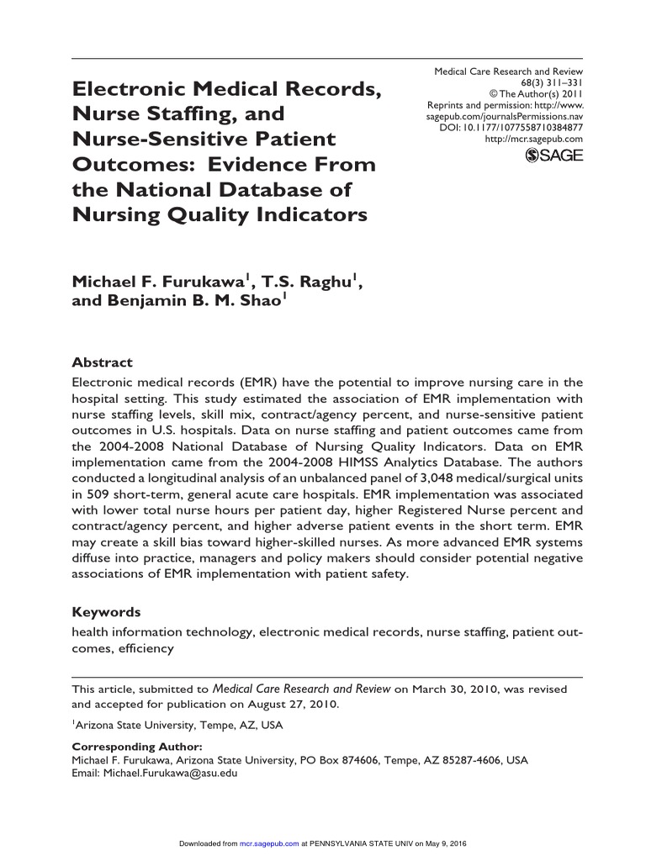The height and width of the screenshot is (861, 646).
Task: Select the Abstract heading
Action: (x=102, y=362)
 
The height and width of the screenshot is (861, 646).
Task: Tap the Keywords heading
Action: (x=106, y=612)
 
